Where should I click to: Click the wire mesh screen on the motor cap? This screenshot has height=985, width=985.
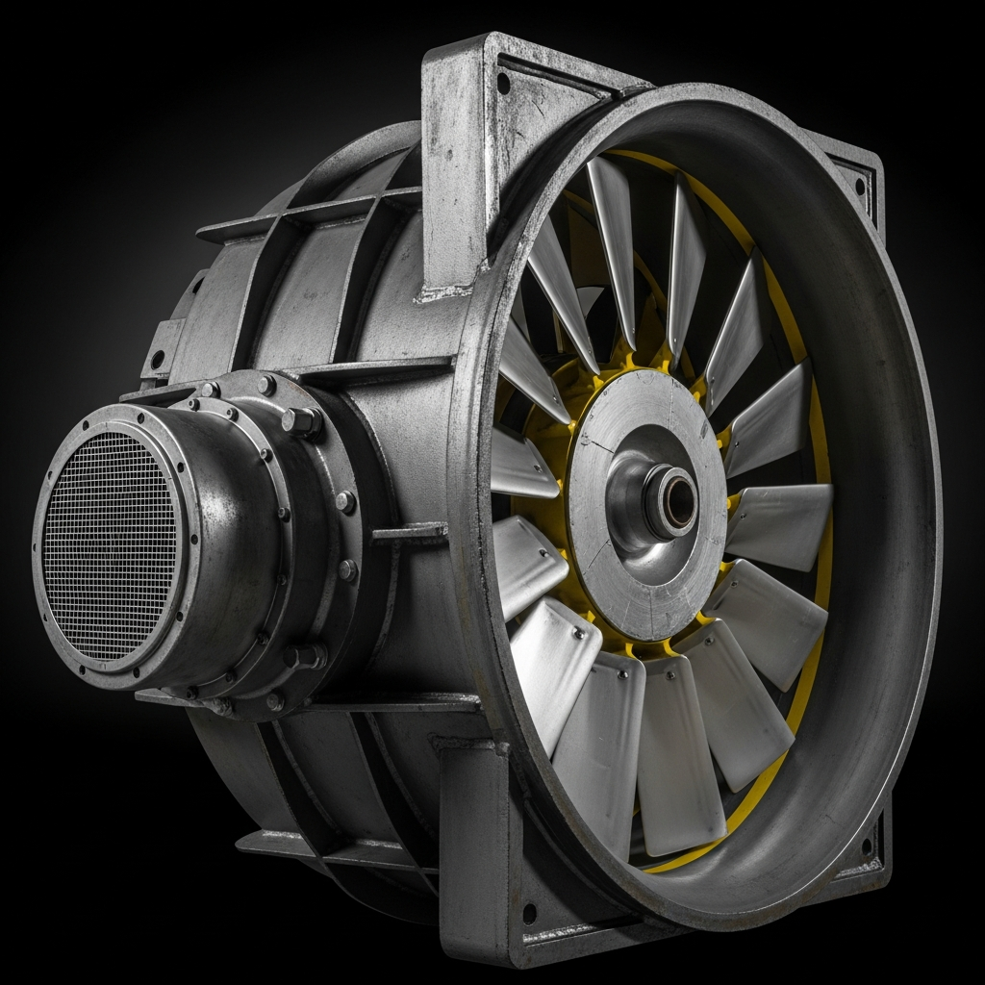[x=111, y=543]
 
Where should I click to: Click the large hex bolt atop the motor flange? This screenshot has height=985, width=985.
[x=301, y=420]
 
